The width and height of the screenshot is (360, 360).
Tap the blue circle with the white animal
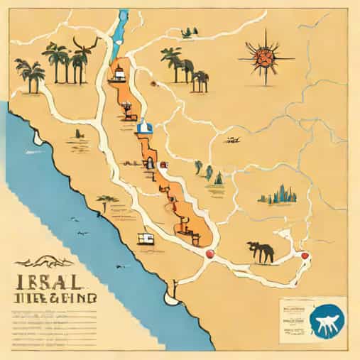pos(324,320)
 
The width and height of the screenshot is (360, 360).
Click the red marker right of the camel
pos(305,256)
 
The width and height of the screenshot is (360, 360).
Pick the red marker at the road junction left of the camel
pos(209,253)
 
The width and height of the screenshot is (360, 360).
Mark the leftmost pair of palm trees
pos(31,75)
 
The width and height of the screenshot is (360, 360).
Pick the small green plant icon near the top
pos(189,33)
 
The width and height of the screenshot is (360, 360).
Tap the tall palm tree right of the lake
pos(173,62)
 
